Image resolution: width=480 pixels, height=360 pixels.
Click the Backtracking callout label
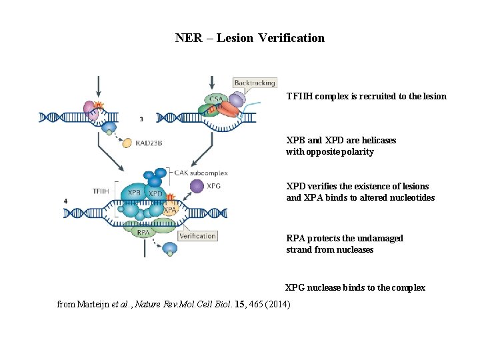click(x=255, y=83)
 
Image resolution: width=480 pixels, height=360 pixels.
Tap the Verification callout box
click(x=197, y=235)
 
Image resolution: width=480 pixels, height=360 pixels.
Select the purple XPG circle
click(x=197, y=186)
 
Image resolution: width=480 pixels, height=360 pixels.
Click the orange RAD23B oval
click(x=127, y=142)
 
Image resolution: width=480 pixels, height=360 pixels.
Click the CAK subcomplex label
click(x=202, y=173)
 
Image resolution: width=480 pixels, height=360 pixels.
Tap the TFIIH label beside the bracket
click(x=102, y=191)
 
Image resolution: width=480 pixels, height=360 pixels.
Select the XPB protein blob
click(x=134, y=193)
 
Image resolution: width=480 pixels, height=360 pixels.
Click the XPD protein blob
click(x=155, y=193)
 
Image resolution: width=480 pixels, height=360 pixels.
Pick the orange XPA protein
click(x=170, y=209)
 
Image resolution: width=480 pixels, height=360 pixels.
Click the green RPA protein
click(x=141, y=232)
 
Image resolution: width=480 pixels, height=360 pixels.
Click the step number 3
click(x=141, y=119)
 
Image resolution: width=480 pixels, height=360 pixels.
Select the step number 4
click(x=65, y=201)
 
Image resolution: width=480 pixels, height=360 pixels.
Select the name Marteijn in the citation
click(x=95, y=305)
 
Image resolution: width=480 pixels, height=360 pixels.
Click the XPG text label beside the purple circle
click(x=214, y=186)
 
